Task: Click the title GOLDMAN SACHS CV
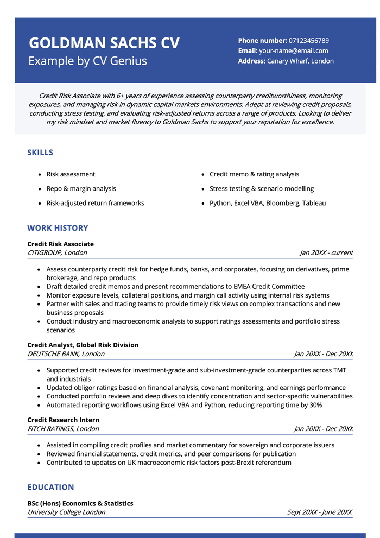[104, 43]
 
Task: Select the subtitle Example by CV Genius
[87, 61]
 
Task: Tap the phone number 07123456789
[309, 41]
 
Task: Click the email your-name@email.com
[293, 51]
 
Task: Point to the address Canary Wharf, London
[300, 61]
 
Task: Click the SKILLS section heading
[40, 153]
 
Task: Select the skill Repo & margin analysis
[81, 189]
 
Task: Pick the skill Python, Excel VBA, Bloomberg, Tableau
[268, 204]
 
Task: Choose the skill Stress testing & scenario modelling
[262, 189]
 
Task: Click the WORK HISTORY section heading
[58, 228]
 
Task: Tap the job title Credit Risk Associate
[60, 244]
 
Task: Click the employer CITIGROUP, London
[57, 253]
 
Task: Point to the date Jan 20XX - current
[326, 253]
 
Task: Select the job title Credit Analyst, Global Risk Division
[83, 345]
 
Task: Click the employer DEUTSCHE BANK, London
[66, 354]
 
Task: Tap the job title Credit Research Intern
[63, 420]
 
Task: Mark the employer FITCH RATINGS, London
[63, 429]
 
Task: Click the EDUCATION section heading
[50, 488]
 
